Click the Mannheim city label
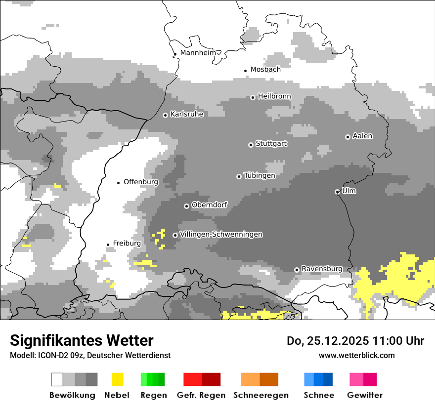click(198, 53)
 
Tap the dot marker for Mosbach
click(246, 71)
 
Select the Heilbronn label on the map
click(274, 96)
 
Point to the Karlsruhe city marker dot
click(166, 115)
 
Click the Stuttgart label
click(271, 144)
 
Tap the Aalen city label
click(362, 136)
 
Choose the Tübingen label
click(260, 175)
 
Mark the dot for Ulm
click(337, 192)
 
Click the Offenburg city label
click(141, 182)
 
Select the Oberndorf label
click(209, 205)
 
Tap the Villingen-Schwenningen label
click(221, 234)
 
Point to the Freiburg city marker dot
click(108, 245)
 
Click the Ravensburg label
click(322, 269)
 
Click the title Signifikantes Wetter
click(82, 340)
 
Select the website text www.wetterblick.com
click(356, 355)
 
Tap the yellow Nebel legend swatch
click(117, 379)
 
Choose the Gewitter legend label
click(365, 395)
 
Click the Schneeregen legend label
click(261, 395)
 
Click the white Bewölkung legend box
click(57, 379)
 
